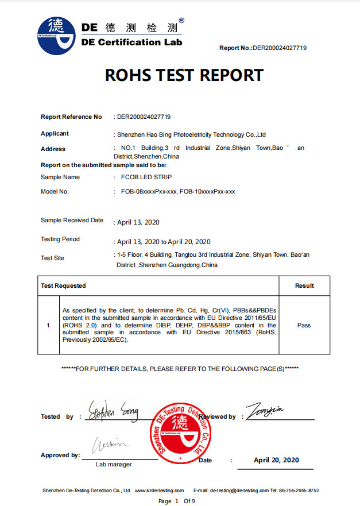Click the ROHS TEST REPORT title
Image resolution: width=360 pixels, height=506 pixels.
pos(184,75)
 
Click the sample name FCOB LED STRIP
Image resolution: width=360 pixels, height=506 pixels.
pos(146,177)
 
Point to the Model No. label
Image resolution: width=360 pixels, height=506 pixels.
pos(55,191)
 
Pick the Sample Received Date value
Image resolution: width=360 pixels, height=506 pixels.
pos(138,222)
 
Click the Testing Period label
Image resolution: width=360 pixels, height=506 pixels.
pos(60,239)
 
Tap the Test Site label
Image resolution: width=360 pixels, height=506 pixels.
pos(53,258)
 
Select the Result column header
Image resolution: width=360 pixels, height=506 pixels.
pos(304,285)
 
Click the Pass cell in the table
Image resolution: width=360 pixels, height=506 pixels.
pos(304,325)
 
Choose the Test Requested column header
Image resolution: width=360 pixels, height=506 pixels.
pos(63,285)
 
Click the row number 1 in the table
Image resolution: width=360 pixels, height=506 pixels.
pos(48,325)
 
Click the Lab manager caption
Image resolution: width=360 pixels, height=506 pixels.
pos(114,464)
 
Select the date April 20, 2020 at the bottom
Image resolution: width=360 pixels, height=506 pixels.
pos(276,460)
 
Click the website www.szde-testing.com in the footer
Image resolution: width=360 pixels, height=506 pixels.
pos(159,490)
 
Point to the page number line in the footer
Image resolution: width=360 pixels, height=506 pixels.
pos(177,501)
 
